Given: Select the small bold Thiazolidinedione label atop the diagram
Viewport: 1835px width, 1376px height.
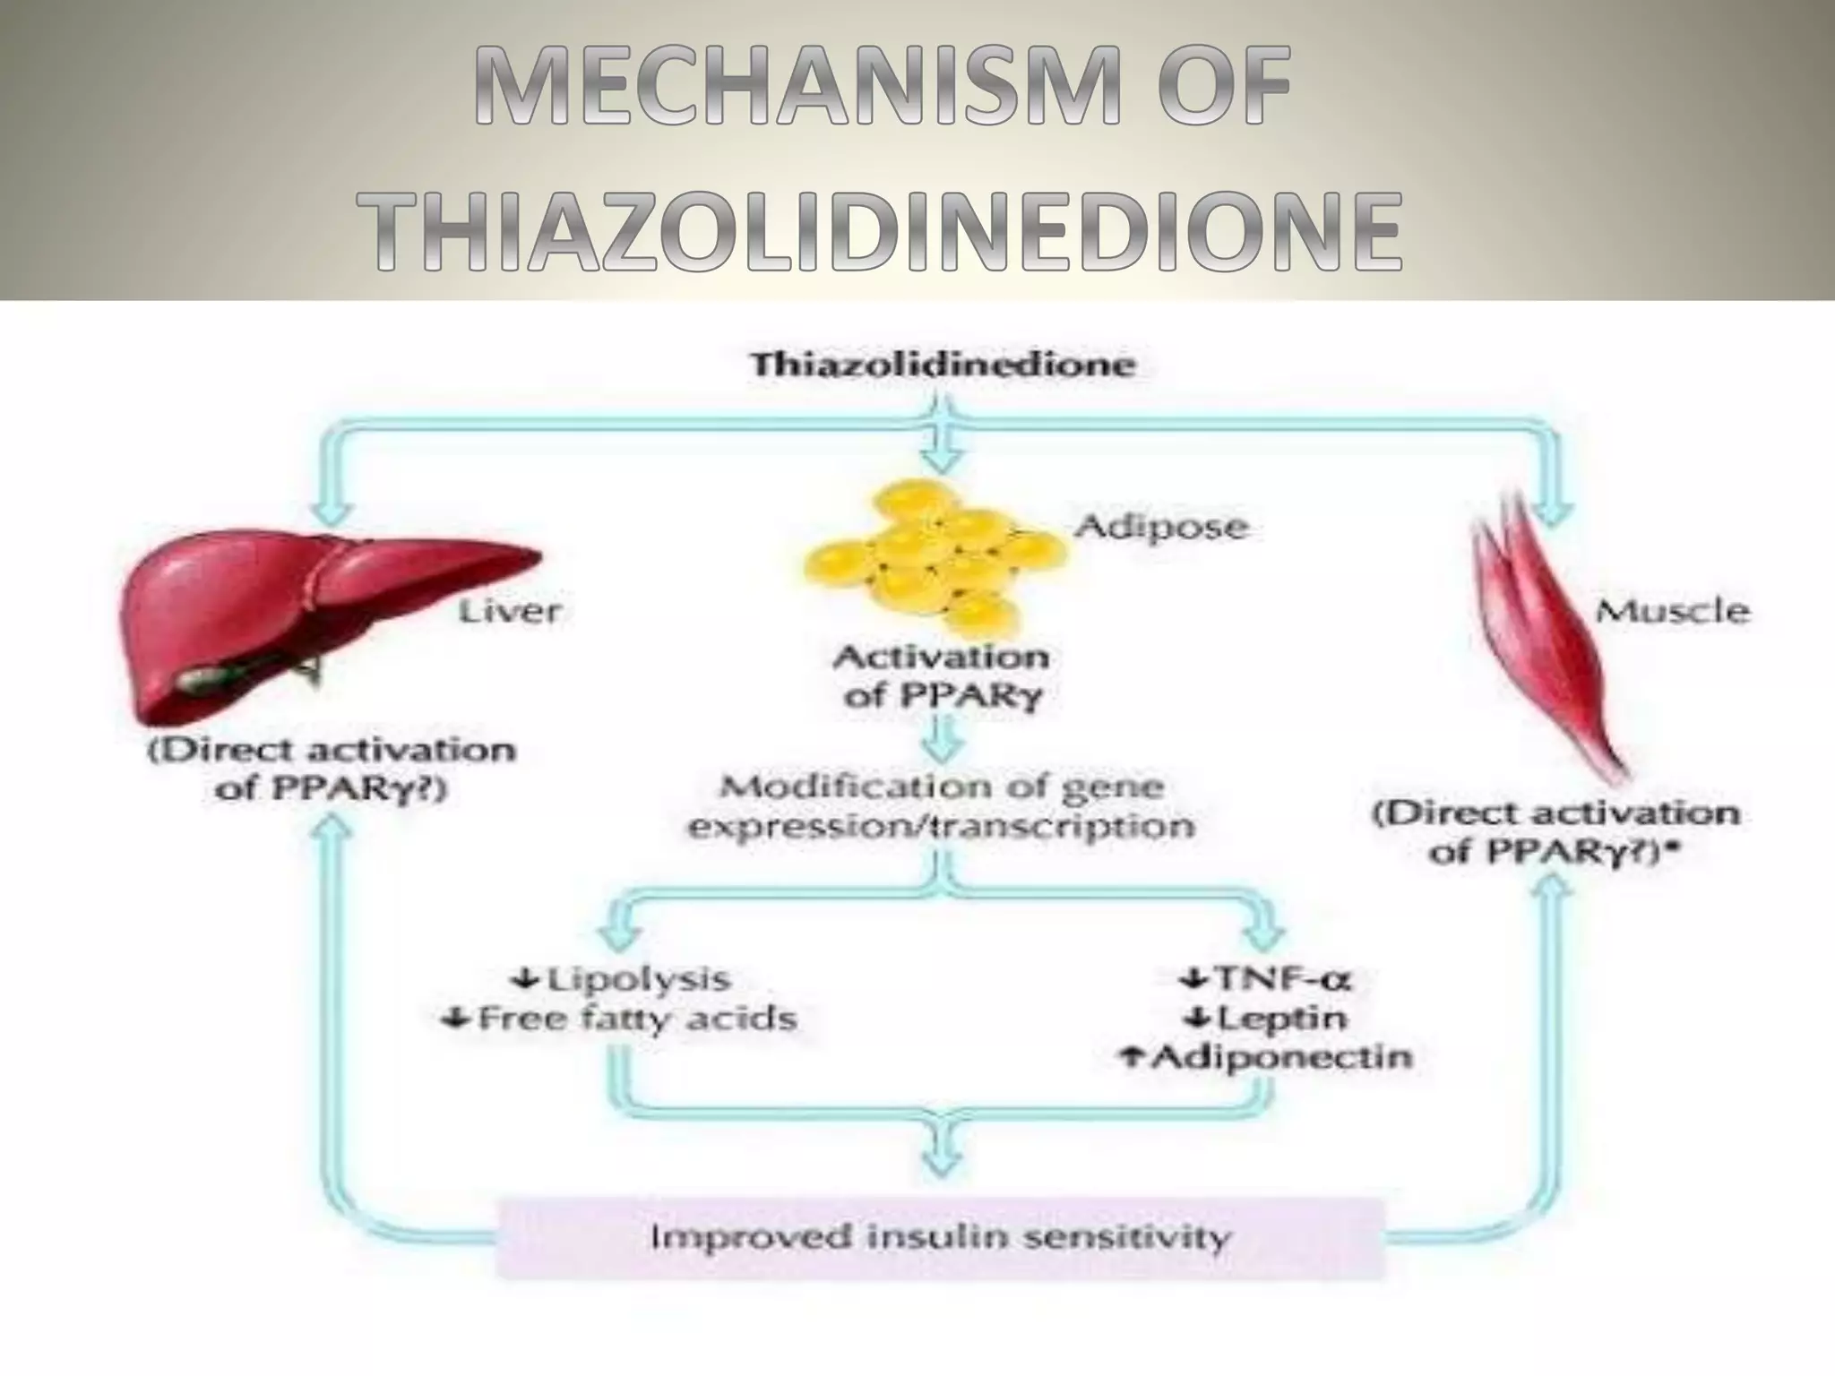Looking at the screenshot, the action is tap(943, 365).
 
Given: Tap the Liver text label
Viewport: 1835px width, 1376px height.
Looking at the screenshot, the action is tap(509, 612).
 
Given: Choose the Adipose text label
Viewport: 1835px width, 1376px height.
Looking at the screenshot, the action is tap(1161, 527).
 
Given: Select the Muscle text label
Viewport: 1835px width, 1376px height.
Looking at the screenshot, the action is tap(1672, 612).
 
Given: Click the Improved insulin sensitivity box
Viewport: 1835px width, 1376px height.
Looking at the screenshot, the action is tap(940, 1238).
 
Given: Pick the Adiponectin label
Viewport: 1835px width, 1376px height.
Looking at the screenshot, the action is tap(1278, 1057).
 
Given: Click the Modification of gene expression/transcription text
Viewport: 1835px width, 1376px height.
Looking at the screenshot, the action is tap(941, 806).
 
